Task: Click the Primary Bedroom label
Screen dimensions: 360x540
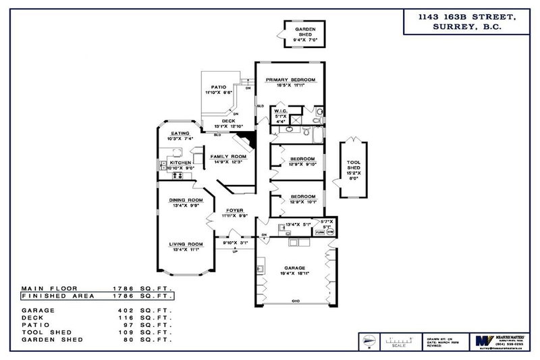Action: coord(291,79)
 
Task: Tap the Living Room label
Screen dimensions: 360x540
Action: coord(186,244)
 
